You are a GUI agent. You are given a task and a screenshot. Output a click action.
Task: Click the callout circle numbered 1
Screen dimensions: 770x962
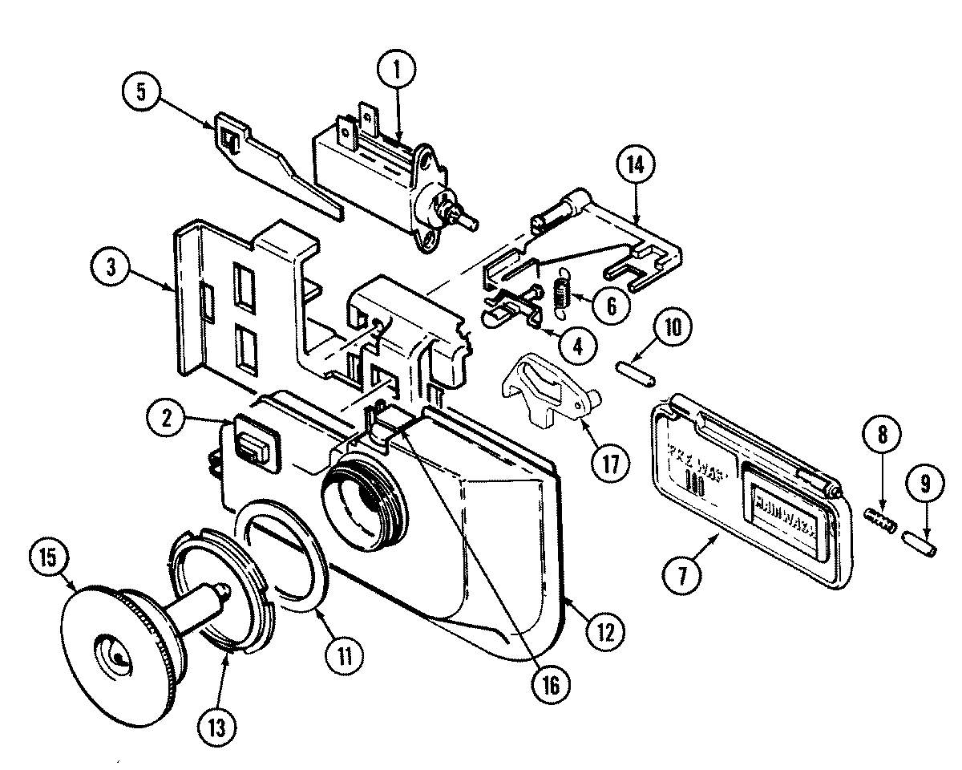click(x=398, y=70)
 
